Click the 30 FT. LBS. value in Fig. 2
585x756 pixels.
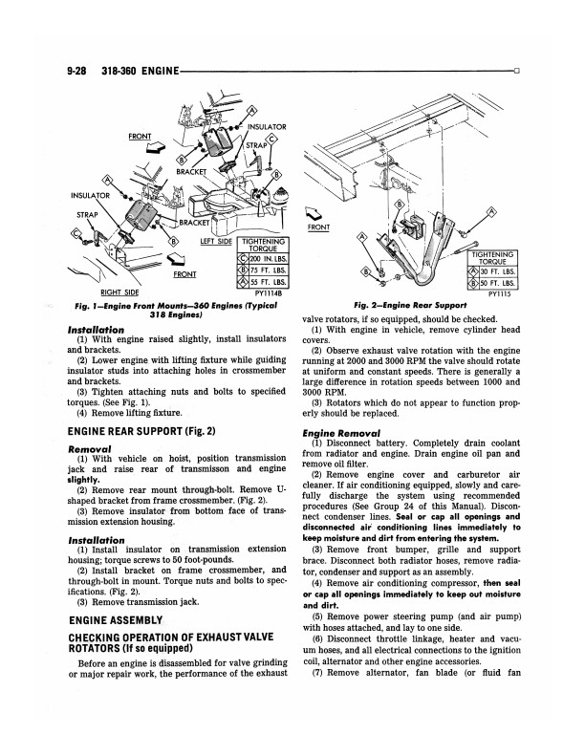[x=497, y=270]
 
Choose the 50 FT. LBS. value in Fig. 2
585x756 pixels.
[x=497, y=283]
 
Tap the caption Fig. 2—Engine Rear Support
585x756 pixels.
[x=411, y=305]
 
